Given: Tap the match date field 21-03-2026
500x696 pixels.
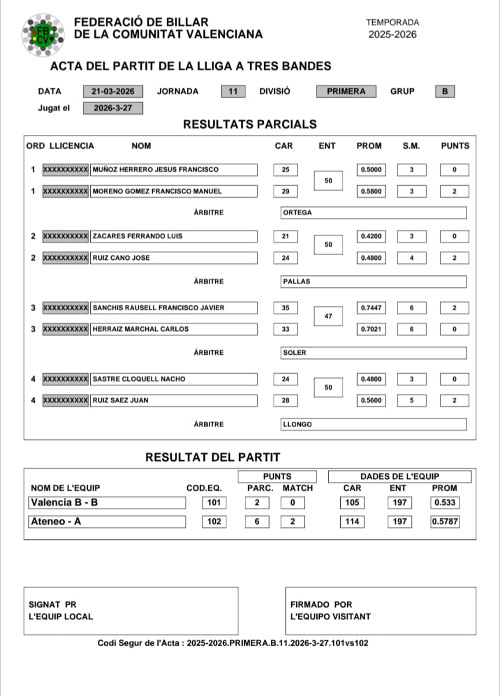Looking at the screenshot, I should [113, 91].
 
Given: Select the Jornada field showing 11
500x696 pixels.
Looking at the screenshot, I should [233, 91].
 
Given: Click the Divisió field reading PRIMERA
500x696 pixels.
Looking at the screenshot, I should [346, 91].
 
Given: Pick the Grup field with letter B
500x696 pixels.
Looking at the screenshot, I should [444, 91].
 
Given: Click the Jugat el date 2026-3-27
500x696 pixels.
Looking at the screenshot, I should [113, 108].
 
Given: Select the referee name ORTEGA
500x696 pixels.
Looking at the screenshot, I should [373, 212].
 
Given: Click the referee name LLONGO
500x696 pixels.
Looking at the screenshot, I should [373, 424].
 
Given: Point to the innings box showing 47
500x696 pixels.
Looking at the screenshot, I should [328, 316].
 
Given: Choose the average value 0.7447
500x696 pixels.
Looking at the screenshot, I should [371, 308].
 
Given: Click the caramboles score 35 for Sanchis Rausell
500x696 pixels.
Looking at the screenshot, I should [285, 308].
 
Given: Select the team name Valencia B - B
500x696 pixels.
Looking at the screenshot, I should [108, 503].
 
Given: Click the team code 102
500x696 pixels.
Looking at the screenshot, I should [214, 522].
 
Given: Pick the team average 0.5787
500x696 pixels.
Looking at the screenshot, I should [444, 522].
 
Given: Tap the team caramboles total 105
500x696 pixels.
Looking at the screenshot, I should [352, 503].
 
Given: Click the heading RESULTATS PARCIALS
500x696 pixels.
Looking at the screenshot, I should [250, 124].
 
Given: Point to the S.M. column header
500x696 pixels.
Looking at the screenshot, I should [411, 146].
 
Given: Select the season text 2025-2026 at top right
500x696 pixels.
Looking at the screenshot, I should [392, 35].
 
